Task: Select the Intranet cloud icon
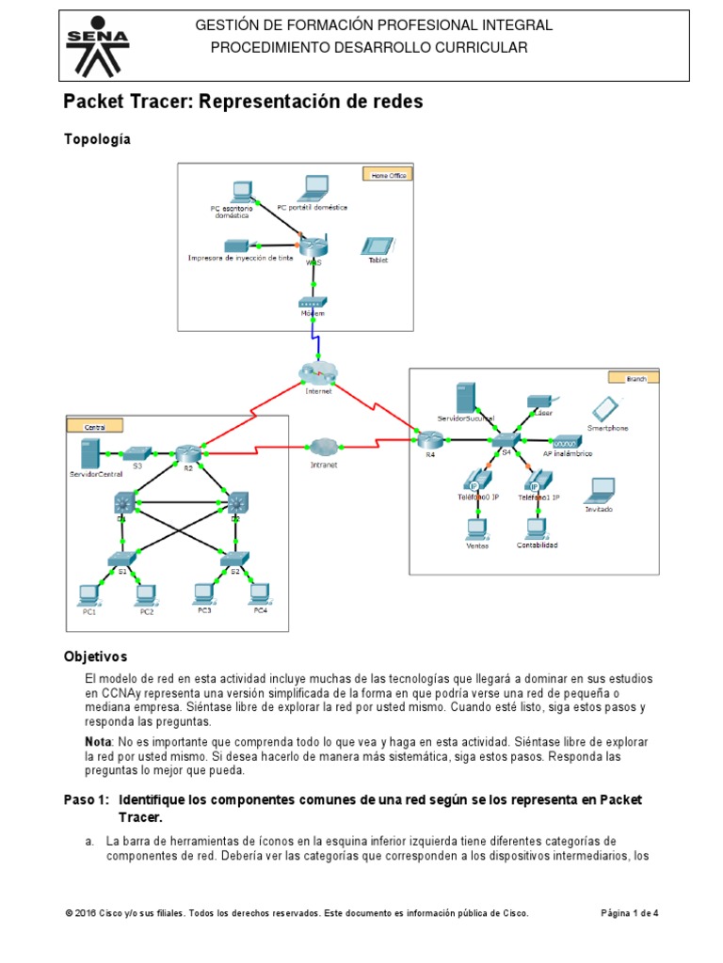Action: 324,445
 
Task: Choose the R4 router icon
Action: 430,439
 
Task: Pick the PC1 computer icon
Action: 89,593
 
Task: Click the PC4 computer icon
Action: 259,593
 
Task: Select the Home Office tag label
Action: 386,174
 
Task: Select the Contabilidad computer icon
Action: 537,527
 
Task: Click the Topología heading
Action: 97,139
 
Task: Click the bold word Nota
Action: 97,742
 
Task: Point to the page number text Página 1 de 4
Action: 629,913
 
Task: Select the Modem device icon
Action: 311,303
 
